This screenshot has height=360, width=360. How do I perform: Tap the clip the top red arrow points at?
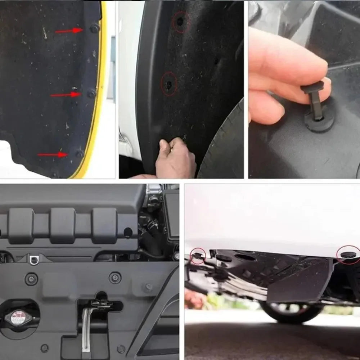pos(94,28)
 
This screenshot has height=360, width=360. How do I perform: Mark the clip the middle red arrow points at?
pos(91,94)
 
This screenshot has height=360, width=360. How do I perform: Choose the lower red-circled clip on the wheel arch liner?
pos(169,84)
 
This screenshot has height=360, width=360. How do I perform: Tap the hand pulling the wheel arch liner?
pos(176,158)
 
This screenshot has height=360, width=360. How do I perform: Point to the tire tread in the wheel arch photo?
pos(223,144)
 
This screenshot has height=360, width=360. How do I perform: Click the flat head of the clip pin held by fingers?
pos(312,87)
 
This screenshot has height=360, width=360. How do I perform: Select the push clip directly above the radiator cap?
pos(31,279)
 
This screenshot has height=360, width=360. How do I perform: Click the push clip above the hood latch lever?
pos(115,277)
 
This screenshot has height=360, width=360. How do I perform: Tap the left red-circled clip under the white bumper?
pos(198,256)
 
